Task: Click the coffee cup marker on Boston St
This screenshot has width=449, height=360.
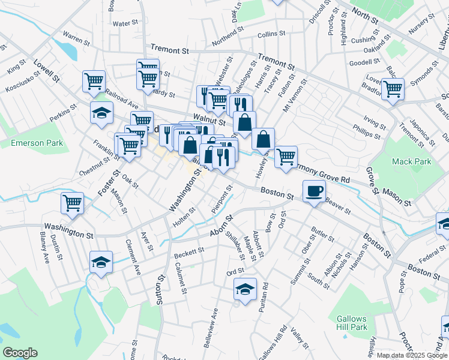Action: pyautogui.click(x=314, y=191)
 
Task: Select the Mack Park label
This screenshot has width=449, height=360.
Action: pyautogui.click(x=411, y=161)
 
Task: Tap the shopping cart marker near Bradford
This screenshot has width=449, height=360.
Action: pyautogui.click(x=393, y=89)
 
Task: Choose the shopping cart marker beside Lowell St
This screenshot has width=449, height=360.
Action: pyautogui.click(x=94, y=81)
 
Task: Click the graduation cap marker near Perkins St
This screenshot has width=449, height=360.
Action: pyautogui.click(x=101, y=112)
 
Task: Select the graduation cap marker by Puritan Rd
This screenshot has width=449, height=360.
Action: pyautogui.click(x=245, y=289)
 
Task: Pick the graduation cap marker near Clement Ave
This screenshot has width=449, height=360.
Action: pyautogui.click(x=101, y=262)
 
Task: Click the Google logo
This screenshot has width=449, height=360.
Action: pyautogui.click(x=19, y=353)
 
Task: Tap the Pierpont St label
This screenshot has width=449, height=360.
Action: pyautogui.click(x=221, y=200)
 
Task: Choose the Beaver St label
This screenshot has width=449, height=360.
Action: pyautogui.click(x=338, y=206)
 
